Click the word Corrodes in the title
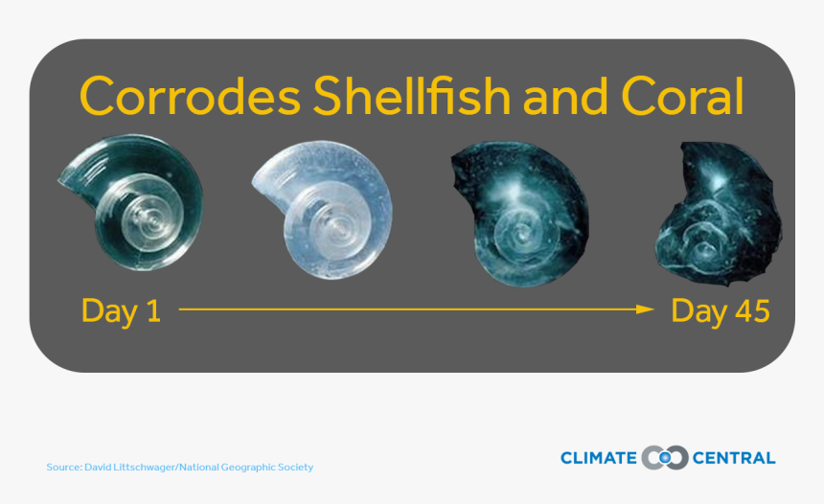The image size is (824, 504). click(x=190, y=96)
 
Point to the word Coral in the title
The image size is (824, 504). click(x=682, y=96)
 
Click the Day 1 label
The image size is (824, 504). click(x=121, y=311)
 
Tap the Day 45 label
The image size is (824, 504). click(x=721, y=311)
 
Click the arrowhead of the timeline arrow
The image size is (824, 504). click(x=645, y=309)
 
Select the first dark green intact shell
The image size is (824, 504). click(x=130, y=202)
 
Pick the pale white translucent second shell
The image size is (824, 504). click(x=322, y=210)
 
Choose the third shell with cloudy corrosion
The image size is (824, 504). click(x=520, y=214)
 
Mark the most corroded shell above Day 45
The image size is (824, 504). click(x=719, y=214)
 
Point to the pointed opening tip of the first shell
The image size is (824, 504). click(x=58, y=181)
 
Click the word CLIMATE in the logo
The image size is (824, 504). click(x=599, y=458)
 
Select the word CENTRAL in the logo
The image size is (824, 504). click(x=734, y=458)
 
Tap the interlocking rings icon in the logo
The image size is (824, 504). click(x=665, y=458)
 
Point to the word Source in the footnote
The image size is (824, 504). click(x=63, y=468)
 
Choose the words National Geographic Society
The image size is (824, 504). click(x=246, y=468)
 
